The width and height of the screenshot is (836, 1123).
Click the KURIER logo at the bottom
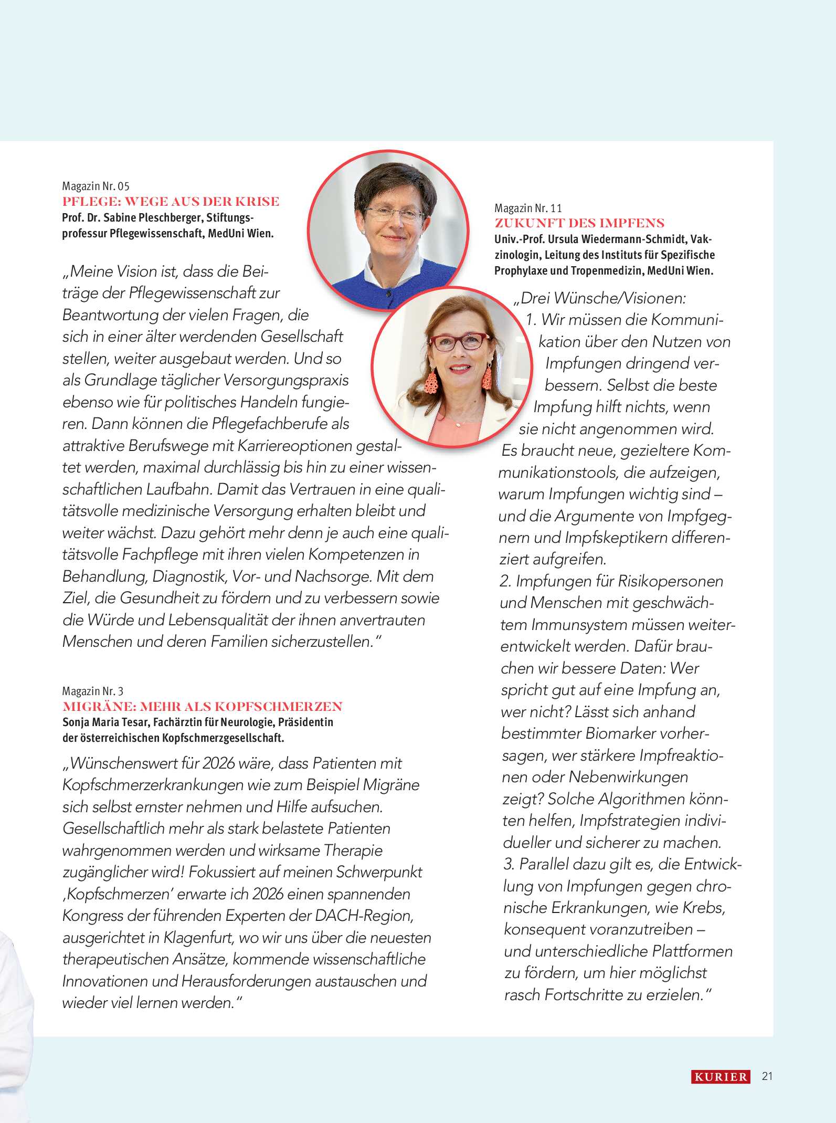click(720, 1077)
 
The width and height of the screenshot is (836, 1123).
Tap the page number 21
click(767, 1076)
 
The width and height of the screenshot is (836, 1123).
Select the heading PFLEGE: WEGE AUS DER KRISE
click(171, 202)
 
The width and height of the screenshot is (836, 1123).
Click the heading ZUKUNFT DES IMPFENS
click(579, 223)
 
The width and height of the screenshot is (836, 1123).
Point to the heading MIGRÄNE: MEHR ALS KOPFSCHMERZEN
click(203, 707)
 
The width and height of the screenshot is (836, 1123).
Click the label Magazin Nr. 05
click(96, 186)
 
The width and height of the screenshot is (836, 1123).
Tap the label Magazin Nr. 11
click(528, 208)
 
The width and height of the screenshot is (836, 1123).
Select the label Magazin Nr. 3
click(93, 691)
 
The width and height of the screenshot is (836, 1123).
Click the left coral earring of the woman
click(431, 383)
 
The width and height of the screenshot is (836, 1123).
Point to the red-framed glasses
click(459, 342)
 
